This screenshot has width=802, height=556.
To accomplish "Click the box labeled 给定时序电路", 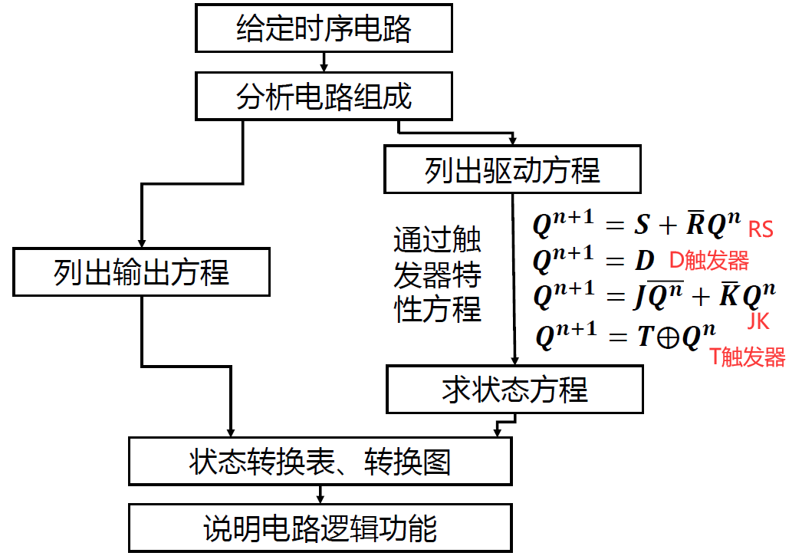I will [324, 28].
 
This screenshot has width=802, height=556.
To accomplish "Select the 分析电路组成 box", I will [324, 96].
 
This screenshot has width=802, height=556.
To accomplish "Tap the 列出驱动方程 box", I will [511, 169].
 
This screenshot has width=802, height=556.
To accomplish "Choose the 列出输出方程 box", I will [141, 272].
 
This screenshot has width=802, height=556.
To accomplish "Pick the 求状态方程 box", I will [514, 389].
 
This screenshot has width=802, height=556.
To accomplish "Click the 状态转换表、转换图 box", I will [319, 462].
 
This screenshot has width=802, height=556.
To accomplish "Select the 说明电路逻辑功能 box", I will [319, 528].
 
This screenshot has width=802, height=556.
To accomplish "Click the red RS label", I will [760, 229].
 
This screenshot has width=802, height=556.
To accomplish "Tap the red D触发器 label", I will [708, 262].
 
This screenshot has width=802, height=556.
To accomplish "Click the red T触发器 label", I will [748, 357].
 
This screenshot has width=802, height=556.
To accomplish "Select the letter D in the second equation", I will [643, 261].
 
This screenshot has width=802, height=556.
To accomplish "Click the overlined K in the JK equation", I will [728, 295].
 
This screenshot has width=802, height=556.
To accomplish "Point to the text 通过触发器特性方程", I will [437, 275].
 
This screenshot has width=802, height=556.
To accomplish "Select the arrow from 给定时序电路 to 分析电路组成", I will [324, 61].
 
